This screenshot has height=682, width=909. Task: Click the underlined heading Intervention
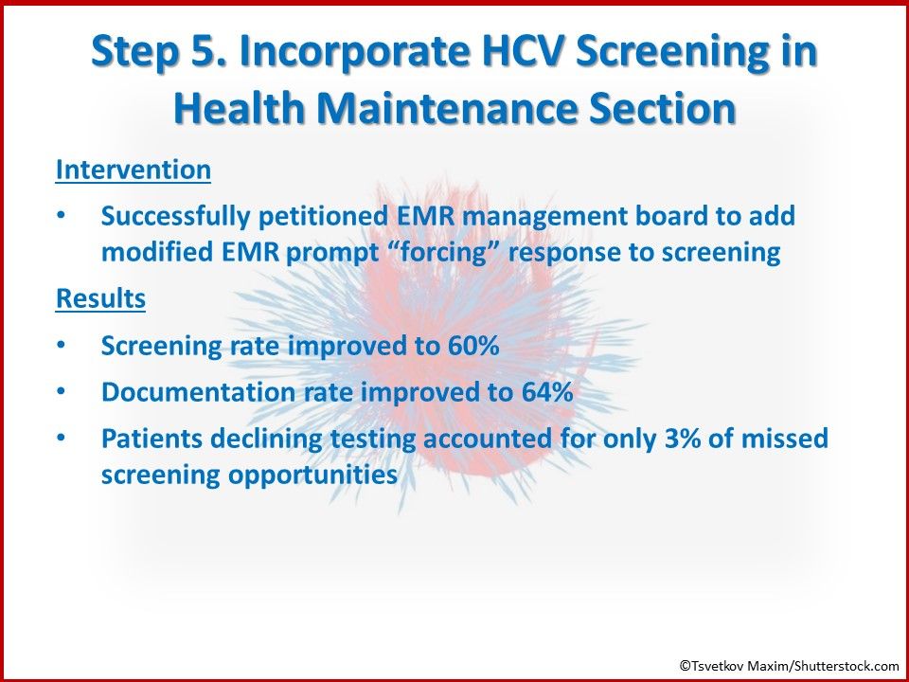point(134,170)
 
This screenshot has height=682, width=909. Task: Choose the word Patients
point(144,439)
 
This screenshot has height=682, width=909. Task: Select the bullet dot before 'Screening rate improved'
point(62,346)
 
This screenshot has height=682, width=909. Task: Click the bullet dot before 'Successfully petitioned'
point(62,216)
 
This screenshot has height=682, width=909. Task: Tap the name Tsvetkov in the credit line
point(717,666)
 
